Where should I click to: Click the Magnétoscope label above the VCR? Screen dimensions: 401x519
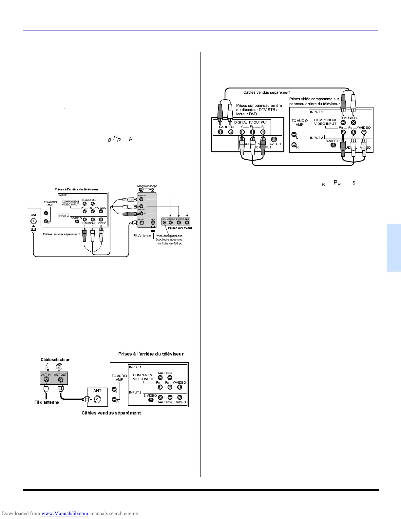(147, 186)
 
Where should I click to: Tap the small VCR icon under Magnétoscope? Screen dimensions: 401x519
(147, 190)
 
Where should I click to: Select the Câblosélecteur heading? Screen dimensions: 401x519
(55, 359)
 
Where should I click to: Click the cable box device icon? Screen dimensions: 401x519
(54, 367)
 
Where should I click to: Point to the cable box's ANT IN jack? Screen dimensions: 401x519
(46, 380)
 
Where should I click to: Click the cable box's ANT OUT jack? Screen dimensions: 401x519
(61, 380)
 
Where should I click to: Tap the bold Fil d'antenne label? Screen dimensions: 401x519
(47, 402)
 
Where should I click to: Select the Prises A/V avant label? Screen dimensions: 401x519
(180, 228)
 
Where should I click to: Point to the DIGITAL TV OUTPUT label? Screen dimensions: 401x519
(251, 122)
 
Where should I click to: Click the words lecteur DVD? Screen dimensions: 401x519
(247, 114)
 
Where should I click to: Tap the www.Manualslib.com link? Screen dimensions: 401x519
(65, 513)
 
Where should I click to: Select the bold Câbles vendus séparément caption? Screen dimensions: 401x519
(111, 413)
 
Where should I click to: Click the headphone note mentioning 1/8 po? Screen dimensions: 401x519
(169, 240)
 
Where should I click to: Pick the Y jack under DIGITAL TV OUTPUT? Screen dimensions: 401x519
(242, 132)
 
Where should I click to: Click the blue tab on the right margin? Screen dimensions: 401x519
(394, 248)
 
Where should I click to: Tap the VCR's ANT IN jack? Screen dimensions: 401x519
(153, 223)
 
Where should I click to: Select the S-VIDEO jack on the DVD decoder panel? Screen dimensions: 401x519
(274, 139)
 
